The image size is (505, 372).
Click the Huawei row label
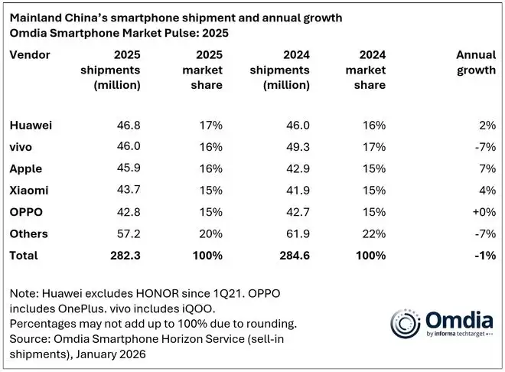coord(29,125)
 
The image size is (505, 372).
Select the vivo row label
coord(22,146)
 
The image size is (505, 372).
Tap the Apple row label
coord(25,168)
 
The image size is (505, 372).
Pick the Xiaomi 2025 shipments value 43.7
coord(127,190)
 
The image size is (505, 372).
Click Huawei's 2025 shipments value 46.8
coord(127,125)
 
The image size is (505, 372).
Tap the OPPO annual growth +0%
coord(481,212)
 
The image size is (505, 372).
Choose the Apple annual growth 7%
coord(487,168)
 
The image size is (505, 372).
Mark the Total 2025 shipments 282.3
coord(124,255)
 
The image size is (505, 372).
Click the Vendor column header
coord(30,55)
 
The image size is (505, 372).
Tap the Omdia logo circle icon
coord(405,321)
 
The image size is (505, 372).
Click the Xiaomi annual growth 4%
coord(487,190)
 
